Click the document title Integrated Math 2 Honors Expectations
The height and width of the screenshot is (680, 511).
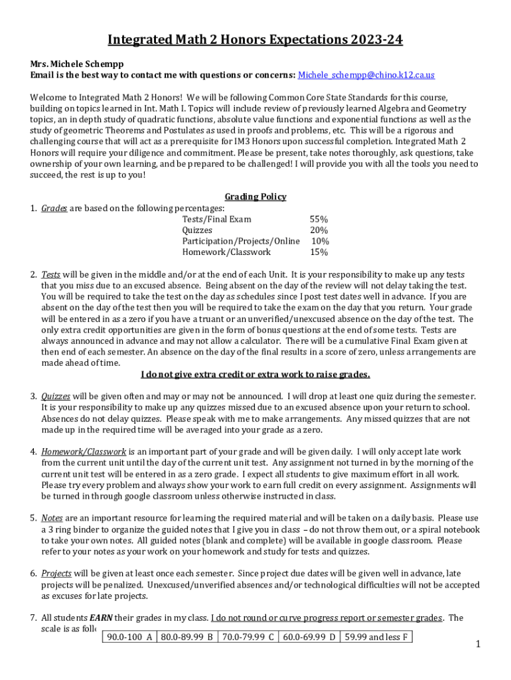256,41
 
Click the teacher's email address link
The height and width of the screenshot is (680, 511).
366,75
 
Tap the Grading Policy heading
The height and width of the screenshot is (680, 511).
256,197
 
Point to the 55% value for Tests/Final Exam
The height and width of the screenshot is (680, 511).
319,219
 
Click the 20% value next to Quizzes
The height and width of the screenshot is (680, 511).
319,230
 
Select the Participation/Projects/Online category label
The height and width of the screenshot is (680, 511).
241,241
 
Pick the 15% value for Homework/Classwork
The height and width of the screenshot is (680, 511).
319,252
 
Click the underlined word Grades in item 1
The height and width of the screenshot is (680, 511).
54,208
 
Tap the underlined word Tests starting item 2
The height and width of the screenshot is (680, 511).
51,274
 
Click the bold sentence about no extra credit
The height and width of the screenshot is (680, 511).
256,375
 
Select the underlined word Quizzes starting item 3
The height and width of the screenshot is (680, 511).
56,396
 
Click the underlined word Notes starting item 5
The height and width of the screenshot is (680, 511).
52,518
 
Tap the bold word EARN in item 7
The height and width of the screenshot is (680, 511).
101,618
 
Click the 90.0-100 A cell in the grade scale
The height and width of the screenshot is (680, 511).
129,637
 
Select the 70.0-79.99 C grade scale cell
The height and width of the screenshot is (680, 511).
248,637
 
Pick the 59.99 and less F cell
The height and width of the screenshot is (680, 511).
376,637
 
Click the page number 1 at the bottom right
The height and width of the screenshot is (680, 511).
478,644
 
